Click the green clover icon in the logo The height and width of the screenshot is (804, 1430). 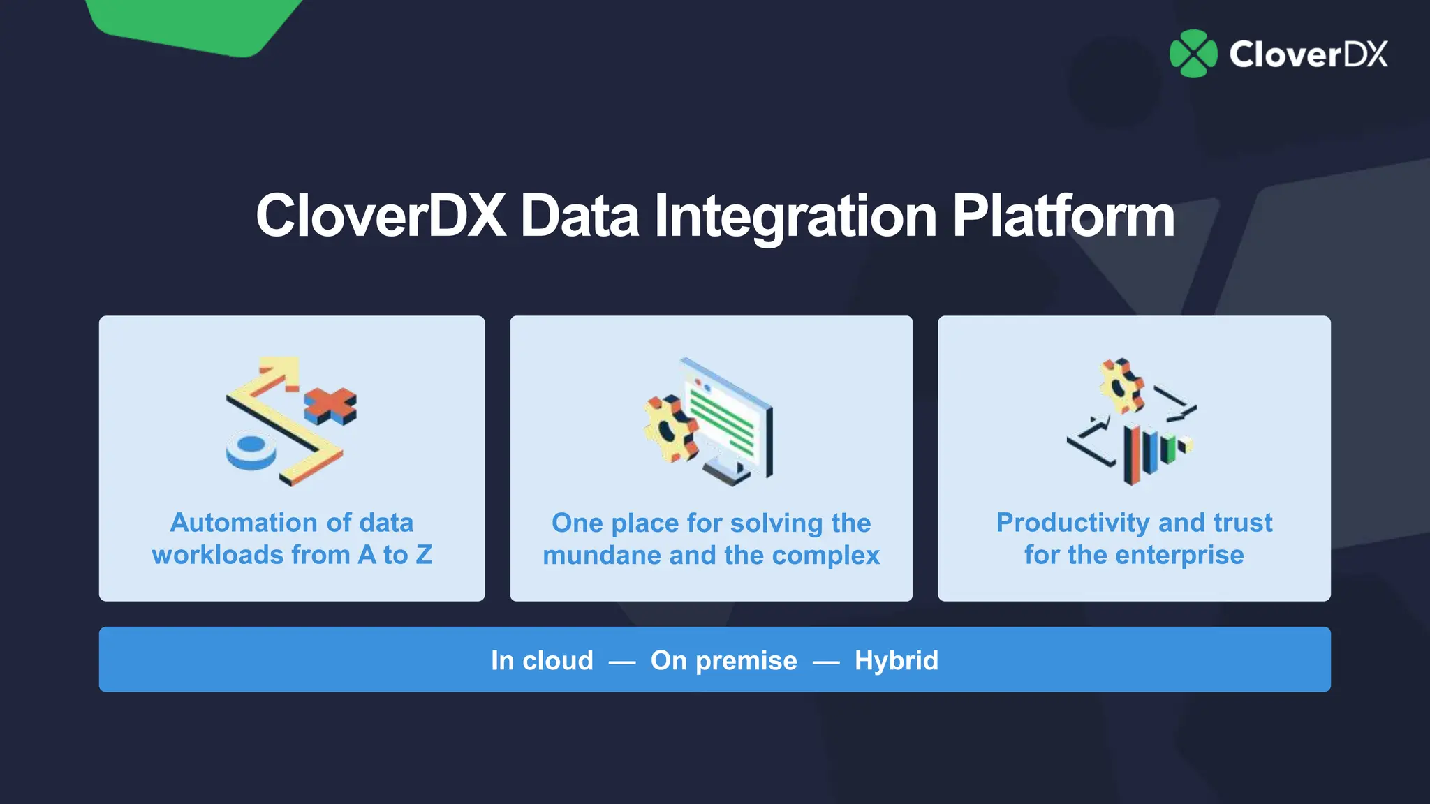(1193, 54)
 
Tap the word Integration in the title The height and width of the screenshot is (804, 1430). (795, 216)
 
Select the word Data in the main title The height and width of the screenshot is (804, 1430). (580, 216)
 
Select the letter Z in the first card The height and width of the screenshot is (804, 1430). (423, 555)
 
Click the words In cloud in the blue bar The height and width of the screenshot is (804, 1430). (542, 660)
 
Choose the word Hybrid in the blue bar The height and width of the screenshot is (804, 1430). (896, 660)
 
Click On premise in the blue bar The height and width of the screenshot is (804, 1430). (723, 660)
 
